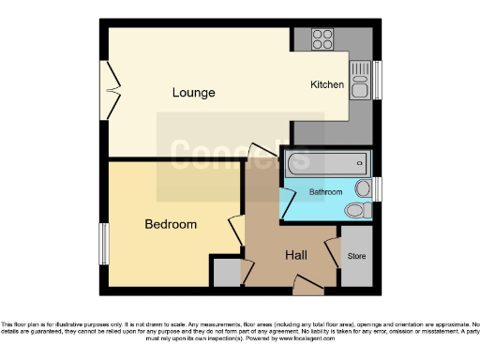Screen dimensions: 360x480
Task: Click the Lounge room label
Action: point(193,93)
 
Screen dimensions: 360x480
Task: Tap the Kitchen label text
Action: point(327,85)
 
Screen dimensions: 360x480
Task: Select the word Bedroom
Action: point(171,225)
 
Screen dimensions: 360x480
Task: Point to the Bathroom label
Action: point(325,191)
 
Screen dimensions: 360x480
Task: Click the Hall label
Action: point(295,255)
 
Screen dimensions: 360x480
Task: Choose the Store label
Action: point(355,255)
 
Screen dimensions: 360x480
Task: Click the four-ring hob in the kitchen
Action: point(322,40)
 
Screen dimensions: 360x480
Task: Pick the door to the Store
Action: point(332,254)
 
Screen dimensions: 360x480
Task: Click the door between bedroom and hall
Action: point(235,232)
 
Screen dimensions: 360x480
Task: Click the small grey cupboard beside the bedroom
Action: point(225,273)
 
